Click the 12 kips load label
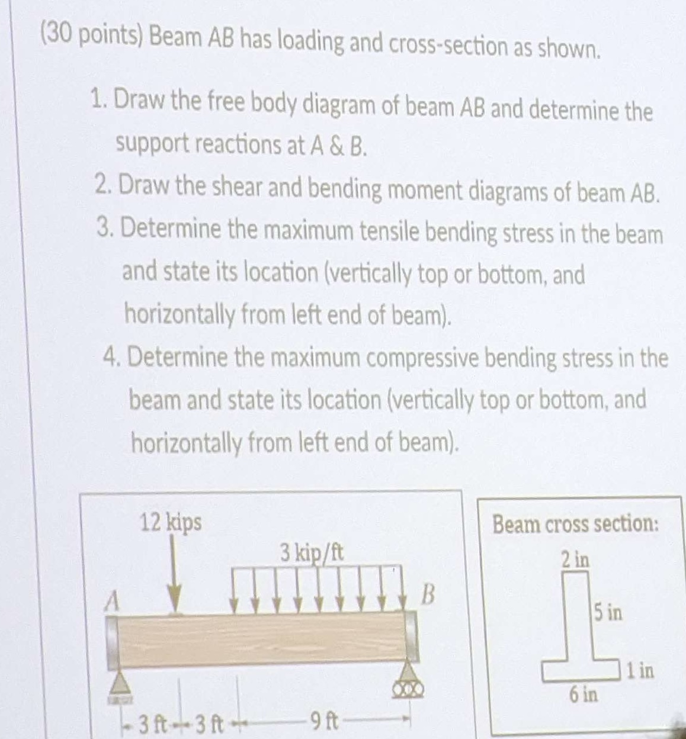pyautogui.click(x=171, y=523)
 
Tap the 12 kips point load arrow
pyautogui.click(x=174, y=575)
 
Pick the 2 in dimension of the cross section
pyautogui.click(x=576, y=558)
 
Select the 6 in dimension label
pyautogui.click(x=584, y=693)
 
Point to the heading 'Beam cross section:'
pyautogui.click(x=576, y=524)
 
